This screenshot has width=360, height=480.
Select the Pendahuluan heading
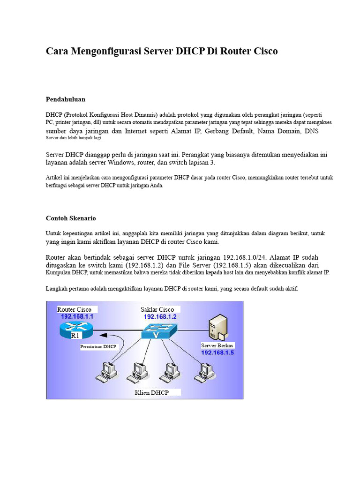coord(66,99)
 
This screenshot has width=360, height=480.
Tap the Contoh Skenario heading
coord(71,218)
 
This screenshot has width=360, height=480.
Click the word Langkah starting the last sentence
coord(58,289)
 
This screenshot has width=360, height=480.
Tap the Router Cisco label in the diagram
coord(75,309)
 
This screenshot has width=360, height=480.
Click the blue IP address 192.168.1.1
coord(77,317)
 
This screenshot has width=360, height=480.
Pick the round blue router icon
coord(76,330)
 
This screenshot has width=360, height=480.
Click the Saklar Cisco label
coord(157,309)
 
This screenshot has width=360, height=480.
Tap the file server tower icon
coord(219,327)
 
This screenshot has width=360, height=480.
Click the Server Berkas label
coord(217,345)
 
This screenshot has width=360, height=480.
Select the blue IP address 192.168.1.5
coord(217,352)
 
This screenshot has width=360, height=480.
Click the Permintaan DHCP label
coord(98,347)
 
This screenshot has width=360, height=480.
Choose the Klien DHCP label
coord(151,392)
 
